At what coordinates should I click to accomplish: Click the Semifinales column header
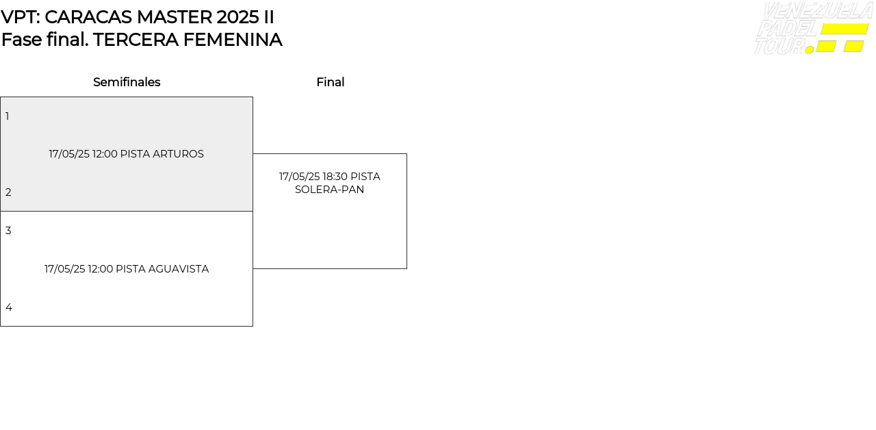pyautogui.click(x=127, y=82)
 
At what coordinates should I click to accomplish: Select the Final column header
pyautogui.click(x=330, y=82)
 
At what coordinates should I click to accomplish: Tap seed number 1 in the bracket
pyautogui.click(x=8, y=116)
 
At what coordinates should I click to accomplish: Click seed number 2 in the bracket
pyautogui.click(x=8, y=192)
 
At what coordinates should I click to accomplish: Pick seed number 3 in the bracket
pyautogui.click(x=8, y=231)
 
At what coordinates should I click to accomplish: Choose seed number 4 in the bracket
pyautogui.click(x=9, y=307)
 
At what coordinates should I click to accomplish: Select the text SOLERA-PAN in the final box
pyautogui.click(x=329, y=190)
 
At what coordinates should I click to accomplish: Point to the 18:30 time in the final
pyautogui.click(x=335, y=177)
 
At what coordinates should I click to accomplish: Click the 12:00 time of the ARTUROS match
pyautogui.click(x=105, y=154)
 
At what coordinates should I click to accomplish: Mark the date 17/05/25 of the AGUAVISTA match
pyautogui.click(x=64, y=269)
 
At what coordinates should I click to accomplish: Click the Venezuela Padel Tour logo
pyautogui.click(x=813, y=28)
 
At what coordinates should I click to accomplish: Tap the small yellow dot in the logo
pyautogui.click(x=810, y=49)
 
